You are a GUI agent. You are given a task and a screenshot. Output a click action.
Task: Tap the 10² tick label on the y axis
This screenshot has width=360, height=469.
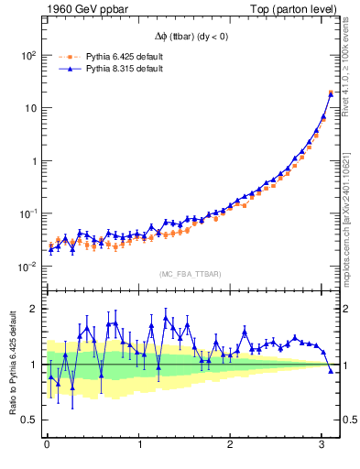tap(27, 55)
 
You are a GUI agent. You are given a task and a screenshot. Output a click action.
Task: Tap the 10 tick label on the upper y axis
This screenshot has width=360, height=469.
tap(29, 108)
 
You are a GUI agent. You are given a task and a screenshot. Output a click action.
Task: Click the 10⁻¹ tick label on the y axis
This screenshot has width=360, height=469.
tap(27, 213)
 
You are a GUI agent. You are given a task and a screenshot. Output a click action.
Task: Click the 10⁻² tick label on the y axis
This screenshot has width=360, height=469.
tap(27, 267)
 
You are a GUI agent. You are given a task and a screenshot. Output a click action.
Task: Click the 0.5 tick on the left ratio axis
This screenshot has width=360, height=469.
tap(29, 420)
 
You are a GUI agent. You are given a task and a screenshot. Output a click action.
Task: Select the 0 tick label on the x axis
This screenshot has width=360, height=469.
tap(47, 445)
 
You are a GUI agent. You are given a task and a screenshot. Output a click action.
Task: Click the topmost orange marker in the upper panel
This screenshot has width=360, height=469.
tap(330, 93)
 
